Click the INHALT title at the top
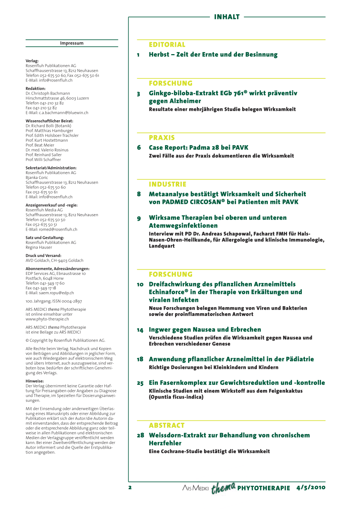tap(227, 17)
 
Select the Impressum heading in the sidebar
tap(72, 43)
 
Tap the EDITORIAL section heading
tap(167, 45)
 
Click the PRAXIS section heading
tap(162, 138)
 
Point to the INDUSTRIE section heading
tap(168, 184)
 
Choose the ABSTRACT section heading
tap(167, 425)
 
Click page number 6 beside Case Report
tap(139, 148)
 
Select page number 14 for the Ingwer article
tap(140, 330)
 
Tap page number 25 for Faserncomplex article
tap(140, 383)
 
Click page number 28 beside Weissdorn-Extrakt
tap(140, 436)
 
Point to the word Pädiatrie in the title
tap(296, 359)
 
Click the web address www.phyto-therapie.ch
tap(47, 319)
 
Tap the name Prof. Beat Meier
tap(40, 145)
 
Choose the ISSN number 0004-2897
tap(72, 301)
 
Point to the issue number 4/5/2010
tap(311, 488)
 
